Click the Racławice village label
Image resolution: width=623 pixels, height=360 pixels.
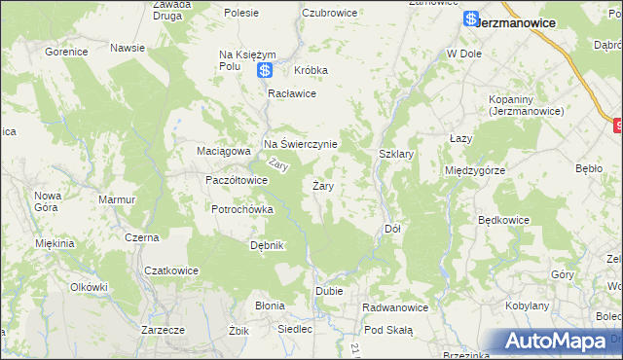click(293, 93)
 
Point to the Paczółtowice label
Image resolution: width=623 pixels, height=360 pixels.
click(236, 180)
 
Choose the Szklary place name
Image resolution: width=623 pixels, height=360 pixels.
click(396, 154)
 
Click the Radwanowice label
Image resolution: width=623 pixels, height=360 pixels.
click(395, 307)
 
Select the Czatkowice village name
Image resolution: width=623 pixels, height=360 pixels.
click(171, 270)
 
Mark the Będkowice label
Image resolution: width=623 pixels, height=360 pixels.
click(503, 220)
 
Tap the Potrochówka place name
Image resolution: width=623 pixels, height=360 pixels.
click(243, 209)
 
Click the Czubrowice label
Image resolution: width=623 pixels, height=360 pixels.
click(330, 13)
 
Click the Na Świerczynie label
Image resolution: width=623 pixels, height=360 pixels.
click(301, 144)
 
